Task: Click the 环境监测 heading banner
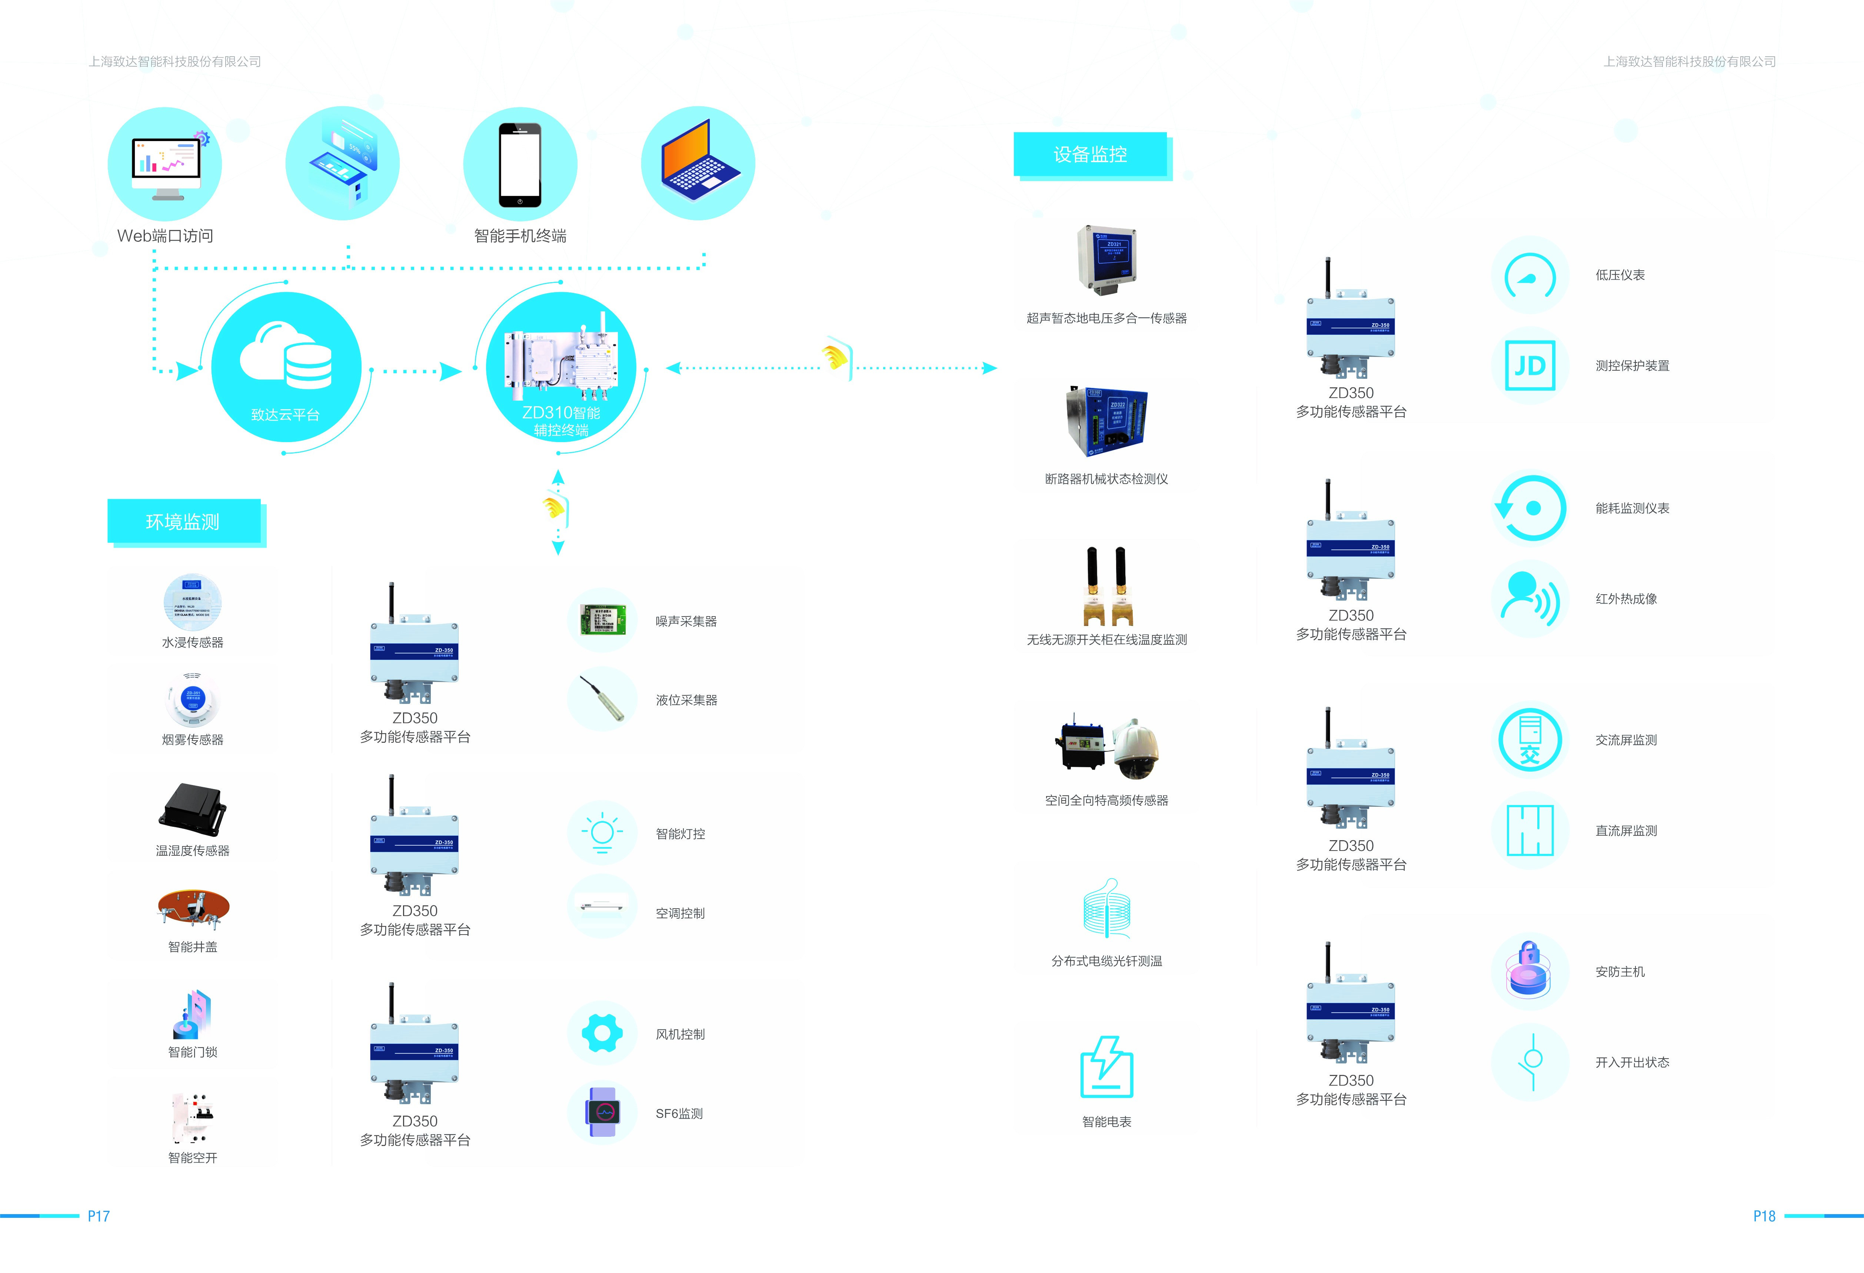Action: [x=183, y=522]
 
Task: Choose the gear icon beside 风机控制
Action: [x=602, y=1033]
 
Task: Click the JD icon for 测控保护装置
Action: [x=1530, y=365]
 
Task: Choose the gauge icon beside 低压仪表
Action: [x=1530, y=275]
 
